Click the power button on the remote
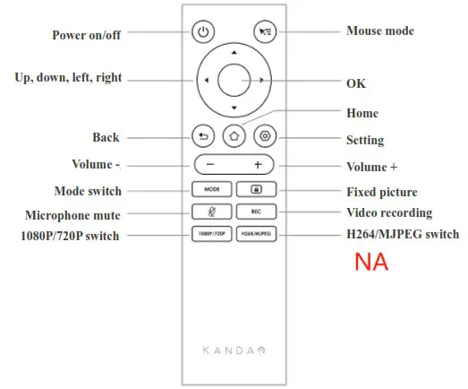204,32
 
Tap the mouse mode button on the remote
264,32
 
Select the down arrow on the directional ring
234,108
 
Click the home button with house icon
234,137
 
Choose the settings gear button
264,137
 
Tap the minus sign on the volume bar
209,165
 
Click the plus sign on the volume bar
258,165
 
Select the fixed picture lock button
256,190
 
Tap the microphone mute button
211,212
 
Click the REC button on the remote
256,212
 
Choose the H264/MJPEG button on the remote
256,234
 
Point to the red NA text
371,264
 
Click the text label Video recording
389,213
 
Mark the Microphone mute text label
73,215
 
